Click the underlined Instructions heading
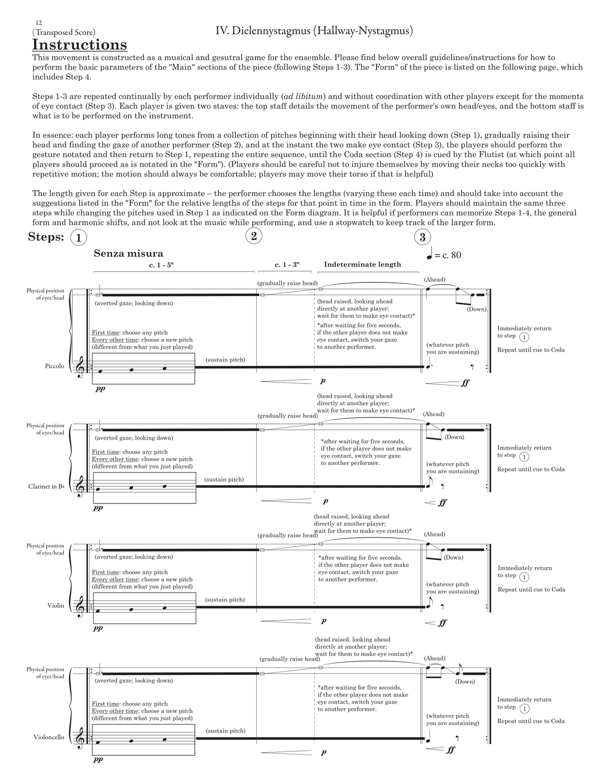tap(80, 45)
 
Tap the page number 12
tap(39, 23)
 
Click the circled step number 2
tap(254, 236)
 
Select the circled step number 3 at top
tap(422, 238)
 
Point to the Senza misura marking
tap(129, 253)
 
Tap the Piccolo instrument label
tap(54, 366)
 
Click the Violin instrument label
tap(56, 606)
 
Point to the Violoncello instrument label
tap(49, 737)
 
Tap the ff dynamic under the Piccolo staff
tap(465, 383)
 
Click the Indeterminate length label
tap(362, 264)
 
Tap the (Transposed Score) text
tap(64, 32)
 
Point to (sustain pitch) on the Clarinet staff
tap(224, 479)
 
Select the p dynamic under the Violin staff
tap(324, 621)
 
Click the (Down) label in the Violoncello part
tap(465, 682)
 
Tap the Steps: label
tap(46, 237)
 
